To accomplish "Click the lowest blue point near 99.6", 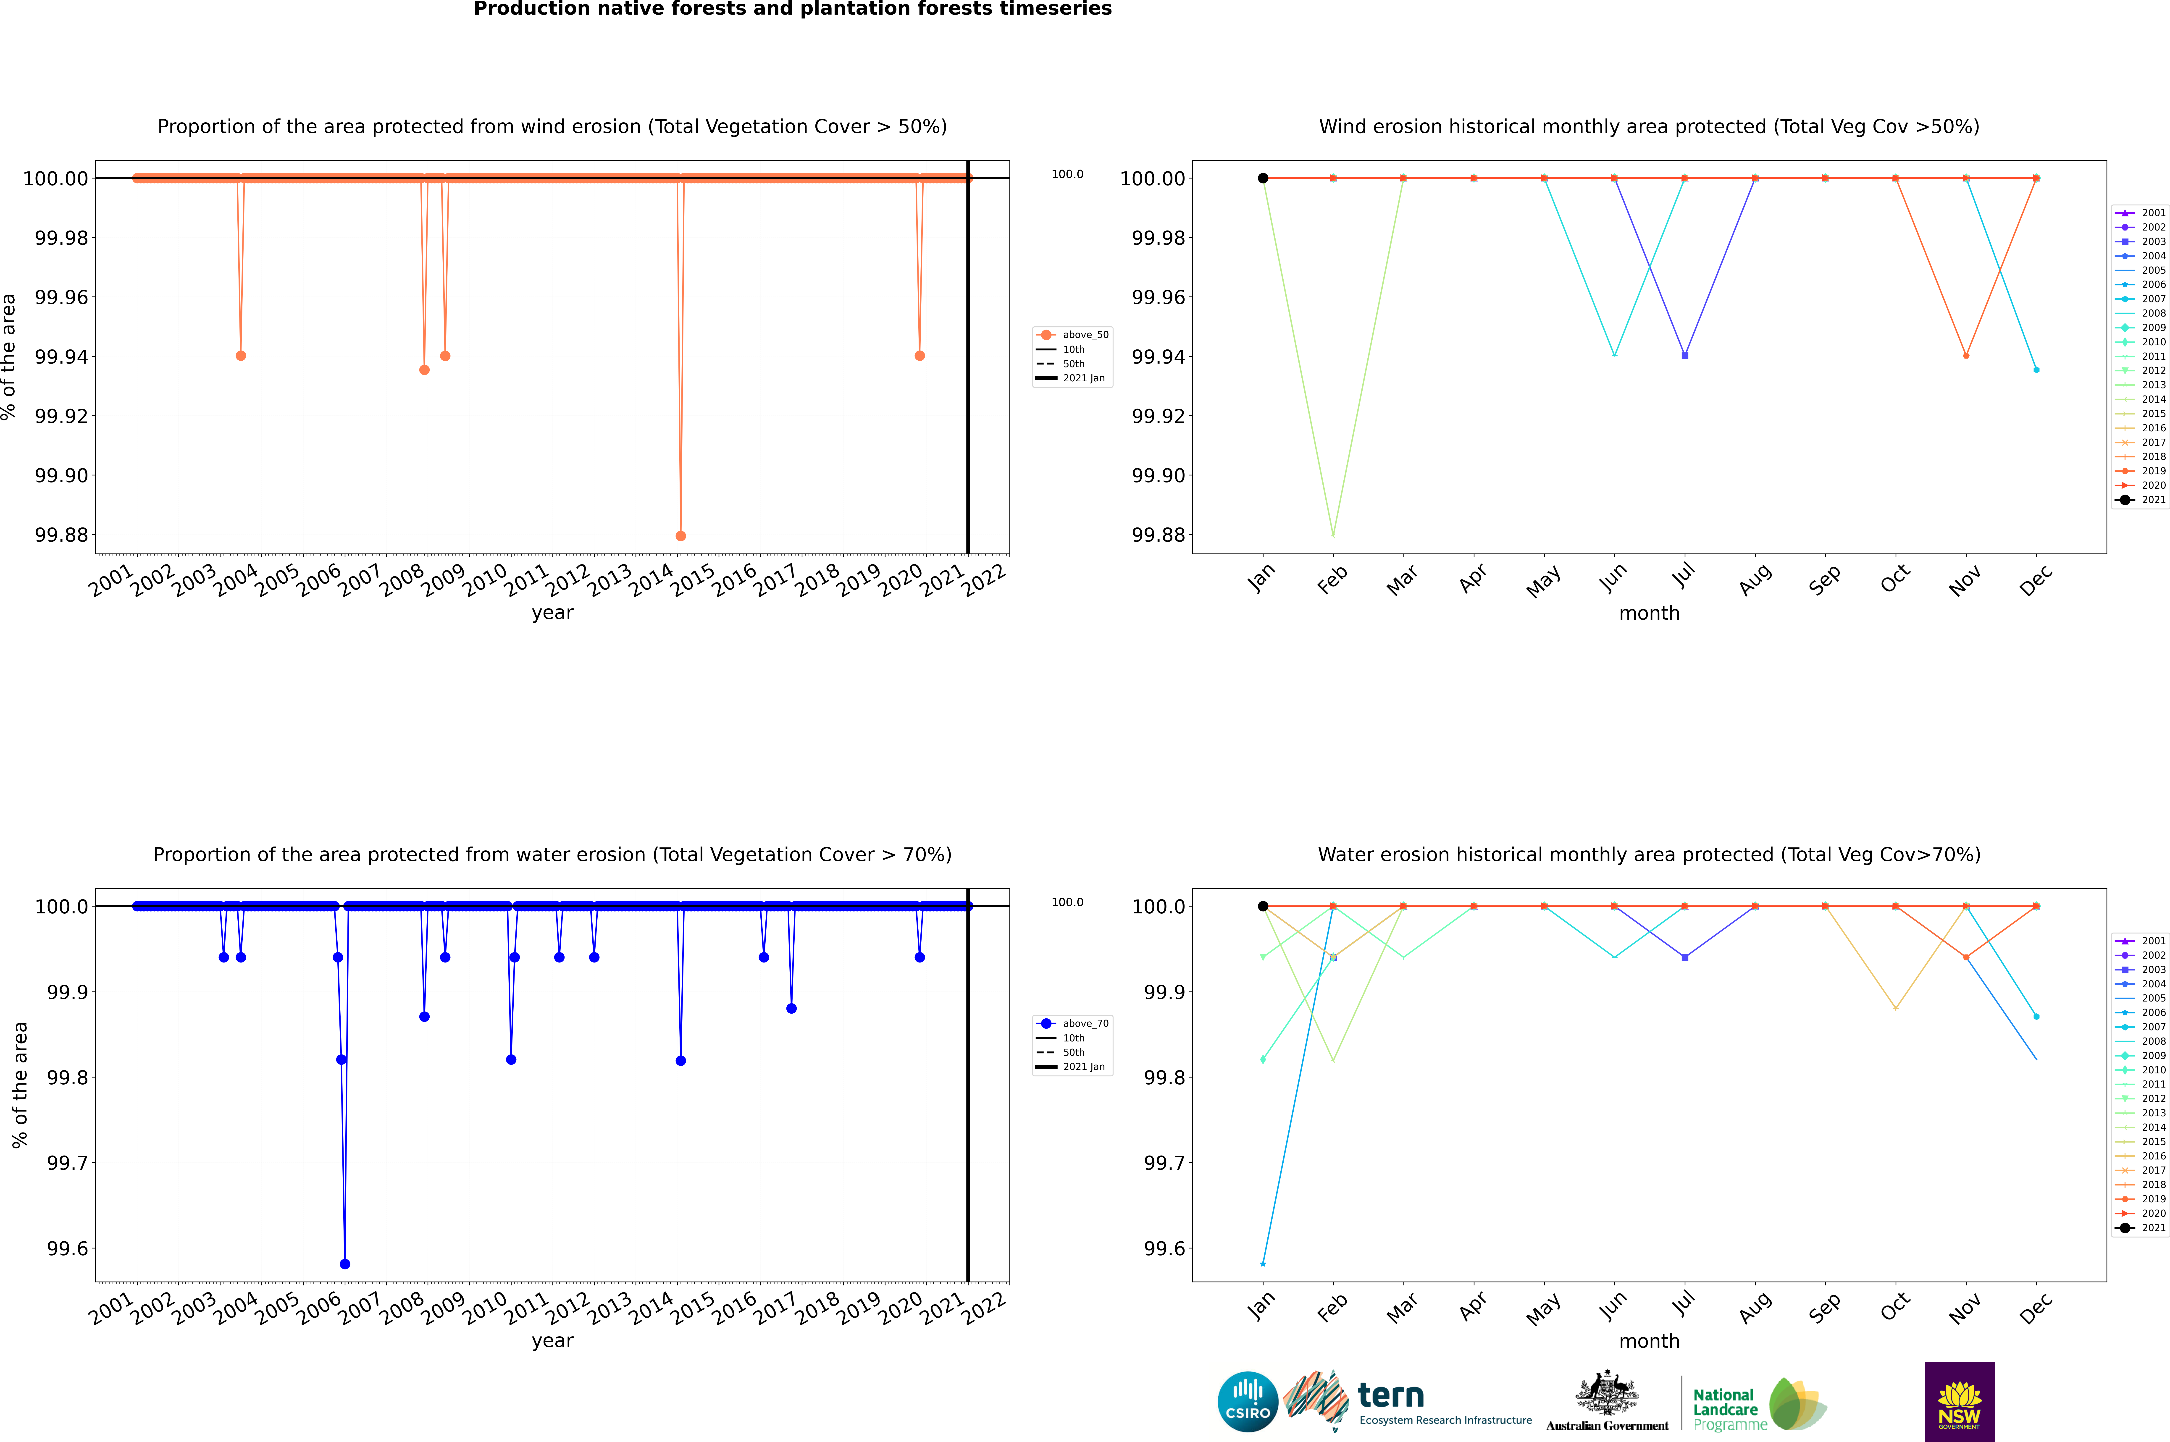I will pyautogui.click(x=345, y=1264).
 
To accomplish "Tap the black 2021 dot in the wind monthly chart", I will pyautogui.click(x=1263, y=178).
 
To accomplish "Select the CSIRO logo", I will pyautogui.click(x=1247, y=1402).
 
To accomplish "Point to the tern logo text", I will pyautogui.click(x=1391, y=1396).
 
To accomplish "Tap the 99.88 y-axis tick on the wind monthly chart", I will pyautogui.click(x=1158, y=535).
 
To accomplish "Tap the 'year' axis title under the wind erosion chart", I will pyautogui.click(x=552, y=613).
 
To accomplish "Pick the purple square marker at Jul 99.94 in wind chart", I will pyautogui.click(x=1684, y=356).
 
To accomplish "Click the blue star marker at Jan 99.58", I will pyautogui.click(x=1263, y=1264).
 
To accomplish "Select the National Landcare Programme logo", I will pyautogui.click(x=1757, y=1404).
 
